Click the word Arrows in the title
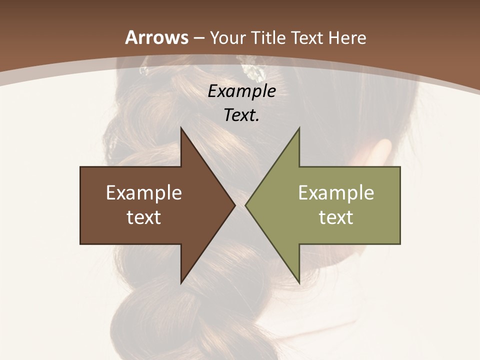tap(156, 37)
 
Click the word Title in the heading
tap(270, 37)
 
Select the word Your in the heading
tap(228, 37)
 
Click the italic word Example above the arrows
tap(241, 91)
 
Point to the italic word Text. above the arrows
tap(241, 115)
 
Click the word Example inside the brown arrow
tap(144, 193)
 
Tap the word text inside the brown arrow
tap(144, 217)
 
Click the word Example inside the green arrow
tap(336, 193)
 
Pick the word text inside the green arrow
tap(336, 217)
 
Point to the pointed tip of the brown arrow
tap(233, 205)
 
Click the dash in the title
tap(198, 38)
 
